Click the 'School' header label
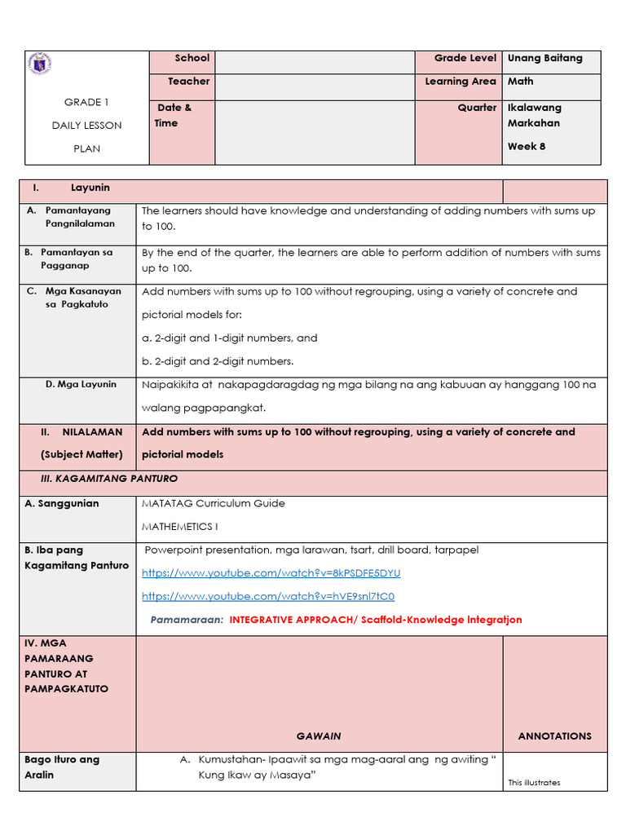click(192, 58)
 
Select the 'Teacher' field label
click(188, 82)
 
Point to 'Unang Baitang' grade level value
click(544, 58)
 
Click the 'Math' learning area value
click(520, 82)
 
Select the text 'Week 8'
click(526, 147)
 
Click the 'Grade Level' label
click(465, 58)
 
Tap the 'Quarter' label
click(477, 108)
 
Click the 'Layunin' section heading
click(90, 188)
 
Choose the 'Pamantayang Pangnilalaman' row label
click(79, 217)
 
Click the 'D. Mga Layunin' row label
click(81, 384)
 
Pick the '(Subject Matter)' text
click(82, 454)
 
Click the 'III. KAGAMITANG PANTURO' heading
click(109, 479)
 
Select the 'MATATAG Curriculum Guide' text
click(214, 504)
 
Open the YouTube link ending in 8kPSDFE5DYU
click(271, 573)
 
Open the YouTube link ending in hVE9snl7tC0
click(268, 597)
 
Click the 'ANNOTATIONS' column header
click(554, 736)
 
